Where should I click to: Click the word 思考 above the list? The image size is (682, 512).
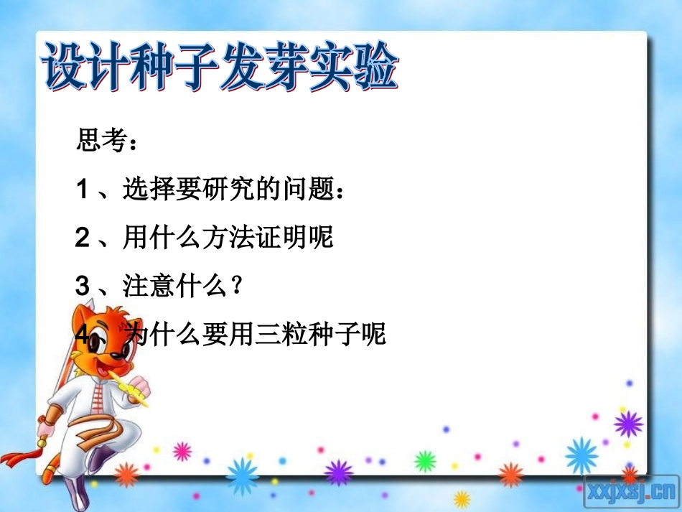(x=100, y=140)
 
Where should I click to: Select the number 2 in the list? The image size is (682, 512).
(x=82, y=238)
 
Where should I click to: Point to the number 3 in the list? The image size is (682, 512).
(x=82, y=286)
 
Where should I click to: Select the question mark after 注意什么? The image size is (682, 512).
(x=229, y=286)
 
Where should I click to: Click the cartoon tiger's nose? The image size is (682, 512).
(x=123, y=348)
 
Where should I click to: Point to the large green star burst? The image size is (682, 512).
(x=425, y=460)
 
